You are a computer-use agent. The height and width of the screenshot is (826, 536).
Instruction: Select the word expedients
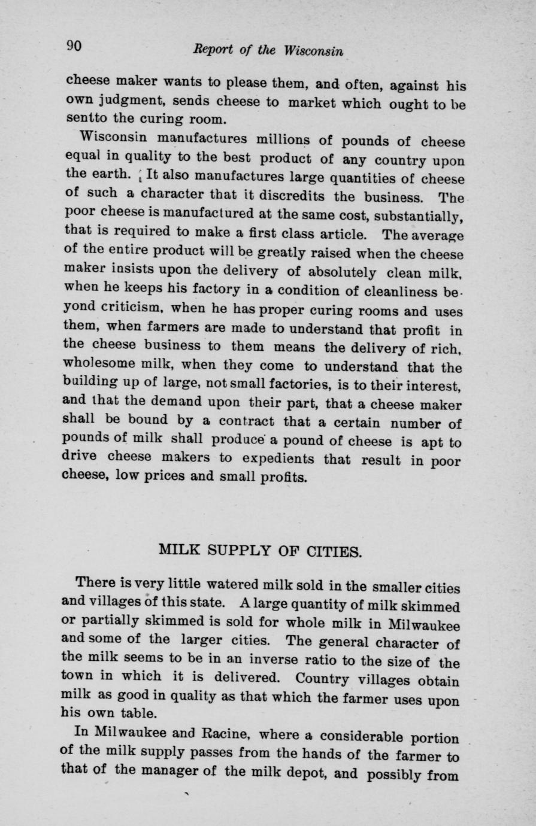point(269,460)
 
